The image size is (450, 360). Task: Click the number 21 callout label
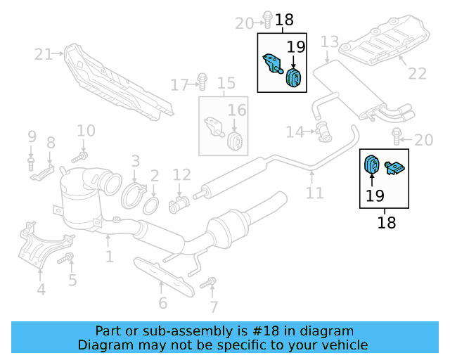44,53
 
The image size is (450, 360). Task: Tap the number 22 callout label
418,73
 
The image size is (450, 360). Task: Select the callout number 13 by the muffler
330,44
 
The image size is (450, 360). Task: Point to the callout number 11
314,193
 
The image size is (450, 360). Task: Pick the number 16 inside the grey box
236,110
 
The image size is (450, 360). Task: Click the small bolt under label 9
31,162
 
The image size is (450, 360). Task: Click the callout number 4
41,289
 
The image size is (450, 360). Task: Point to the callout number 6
162,303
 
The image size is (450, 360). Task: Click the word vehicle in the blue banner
344,345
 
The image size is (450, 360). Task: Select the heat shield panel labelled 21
116,83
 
